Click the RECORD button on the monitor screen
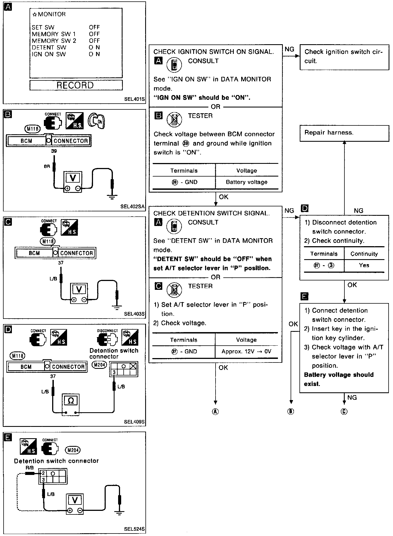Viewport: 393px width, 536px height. pyautogui.click(x=76, y=85)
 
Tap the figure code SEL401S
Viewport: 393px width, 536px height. pyautogui.click(x=134, y=99)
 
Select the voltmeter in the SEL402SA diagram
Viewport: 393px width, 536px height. pyautogui.click(x=73, y=182)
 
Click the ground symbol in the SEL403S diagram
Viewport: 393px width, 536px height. pyautogui.click(x=117, y=307)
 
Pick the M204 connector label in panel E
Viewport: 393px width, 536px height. pyautogui.click(x=72, y=450)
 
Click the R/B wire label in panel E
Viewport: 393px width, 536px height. pyautogui.click(x=30, y=468)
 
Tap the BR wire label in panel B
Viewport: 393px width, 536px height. pyautogui.click(x=47, y=167)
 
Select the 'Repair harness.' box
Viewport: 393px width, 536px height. pyautogui.click(x=344, y=133)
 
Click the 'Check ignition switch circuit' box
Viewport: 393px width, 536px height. pyautogui.click(x=344, y=56)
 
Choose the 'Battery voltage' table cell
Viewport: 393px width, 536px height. pyautogui.click(x=246, y=182)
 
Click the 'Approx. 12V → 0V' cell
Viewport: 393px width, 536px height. pyautogui.click(x=246, y=351)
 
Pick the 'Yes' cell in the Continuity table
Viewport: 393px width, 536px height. pyautogui.click(x=364, y=265)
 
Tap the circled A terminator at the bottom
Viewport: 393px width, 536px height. pyautogui.click(x=215, y=411)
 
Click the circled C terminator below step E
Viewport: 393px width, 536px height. pyautogui.click(x=344, y=411)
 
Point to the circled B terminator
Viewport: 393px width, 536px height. pyautogui.click(x=291, y=411)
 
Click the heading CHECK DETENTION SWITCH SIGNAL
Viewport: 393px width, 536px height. pyautogui.click(x=211, y=213)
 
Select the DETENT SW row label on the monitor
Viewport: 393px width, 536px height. pyautogui.click(x=49, y=48)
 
